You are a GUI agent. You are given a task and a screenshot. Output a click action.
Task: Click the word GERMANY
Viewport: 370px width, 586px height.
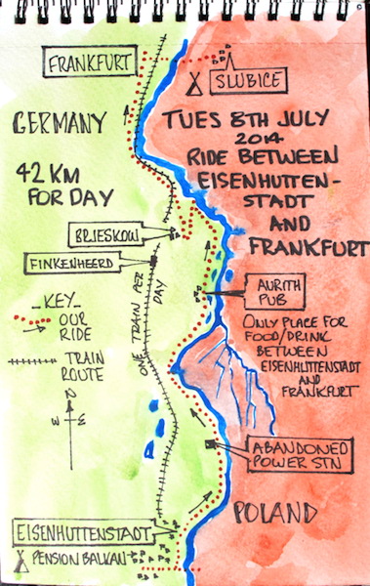61,123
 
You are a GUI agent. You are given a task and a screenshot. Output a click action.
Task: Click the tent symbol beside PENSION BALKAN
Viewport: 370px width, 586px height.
21,562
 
